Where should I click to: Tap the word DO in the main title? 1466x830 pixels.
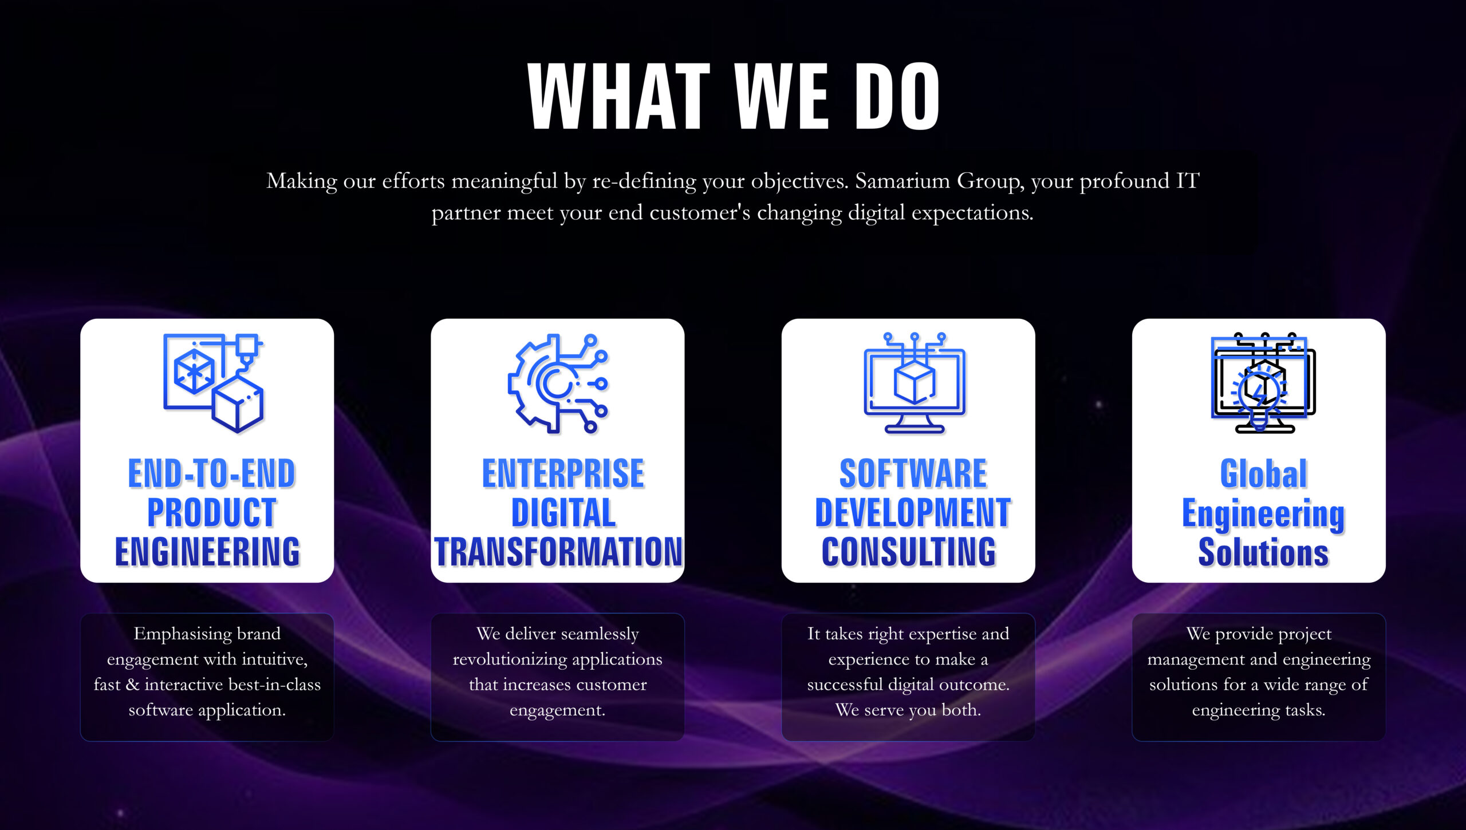[x=897, y=96]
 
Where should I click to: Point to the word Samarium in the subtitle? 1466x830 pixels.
[x=903, y=181]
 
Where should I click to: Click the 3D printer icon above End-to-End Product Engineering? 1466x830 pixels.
[x=213, y=383]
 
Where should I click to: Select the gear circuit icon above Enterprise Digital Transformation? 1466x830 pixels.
[x=558, y=383]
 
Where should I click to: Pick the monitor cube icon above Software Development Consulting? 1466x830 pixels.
[x=915, y=383]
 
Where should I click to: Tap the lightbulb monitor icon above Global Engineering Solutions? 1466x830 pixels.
[x=1263, y=383]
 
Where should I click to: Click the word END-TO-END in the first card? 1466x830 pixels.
[x=211, y=473]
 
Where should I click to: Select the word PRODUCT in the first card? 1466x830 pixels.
[x=212, y=512]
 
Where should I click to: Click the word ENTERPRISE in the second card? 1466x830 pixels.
[x=563, y=473]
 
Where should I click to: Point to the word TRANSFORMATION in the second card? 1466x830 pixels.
[x=558, y=551]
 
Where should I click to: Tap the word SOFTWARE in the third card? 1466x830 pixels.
[x=913, y=473]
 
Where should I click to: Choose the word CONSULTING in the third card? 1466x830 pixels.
[x=909, y=551]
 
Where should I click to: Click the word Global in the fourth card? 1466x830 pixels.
[x=1263, y=473]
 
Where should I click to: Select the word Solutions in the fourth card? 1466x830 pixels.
[x=1263, y=551]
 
